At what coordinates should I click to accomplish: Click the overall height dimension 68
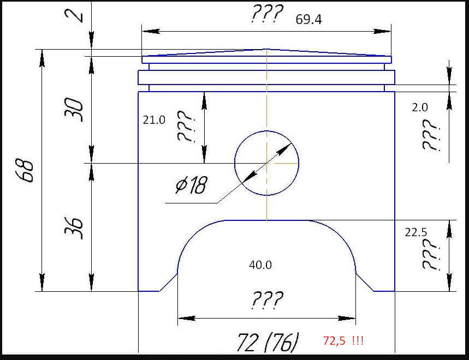24,170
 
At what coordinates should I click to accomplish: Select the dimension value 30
74,110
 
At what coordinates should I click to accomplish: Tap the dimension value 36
74,228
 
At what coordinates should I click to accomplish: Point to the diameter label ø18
192,185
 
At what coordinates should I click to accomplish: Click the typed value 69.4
308,20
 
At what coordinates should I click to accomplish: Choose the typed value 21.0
154,120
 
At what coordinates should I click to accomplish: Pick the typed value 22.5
415,232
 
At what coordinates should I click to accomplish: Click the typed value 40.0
260,265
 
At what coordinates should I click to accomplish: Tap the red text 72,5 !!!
343,340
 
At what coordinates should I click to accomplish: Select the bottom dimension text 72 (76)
268,342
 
